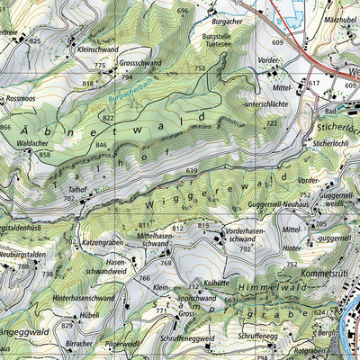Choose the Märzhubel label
(x=337, y=20)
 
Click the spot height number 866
(x=6, y=128)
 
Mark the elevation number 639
(x=191, y=170)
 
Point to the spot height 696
(x=184, y=11)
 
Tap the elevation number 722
(x=271, y=122)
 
